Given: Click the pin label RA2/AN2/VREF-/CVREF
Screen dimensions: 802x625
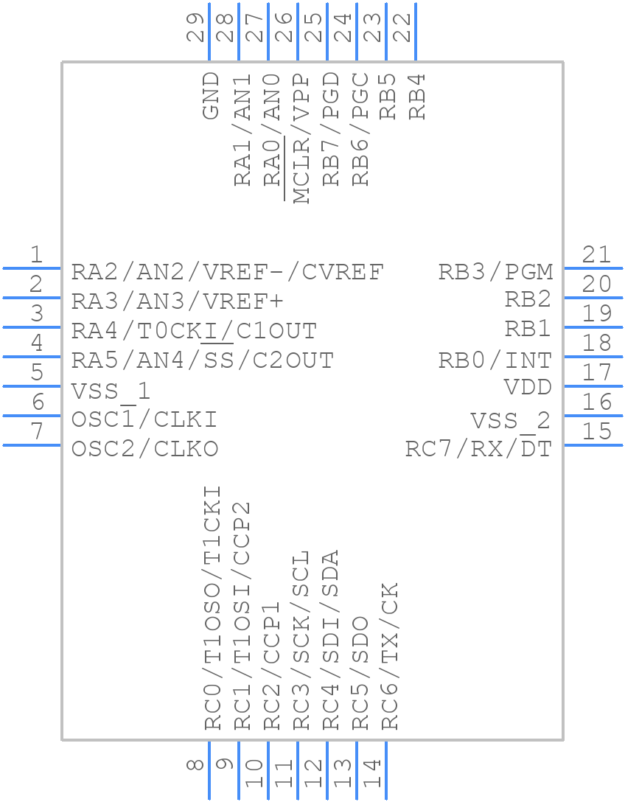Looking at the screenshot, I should tap(227, 272).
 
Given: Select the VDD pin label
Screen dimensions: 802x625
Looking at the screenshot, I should tap(528, 387).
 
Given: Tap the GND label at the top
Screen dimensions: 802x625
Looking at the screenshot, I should tap(211, 95).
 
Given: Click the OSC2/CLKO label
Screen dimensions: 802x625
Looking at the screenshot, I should tap(145, 449).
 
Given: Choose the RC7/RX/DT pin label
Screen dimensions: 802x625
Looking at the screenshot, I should tap(478, 449).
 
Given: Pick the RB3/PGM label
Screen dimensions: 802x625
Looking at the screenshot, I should tap(495, 272).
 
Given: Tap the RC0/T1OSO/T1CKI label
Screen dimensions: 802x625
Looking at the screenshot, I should tap(212, 607).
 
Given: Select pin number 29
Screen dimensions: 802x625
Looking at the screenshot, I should tap(196, 27).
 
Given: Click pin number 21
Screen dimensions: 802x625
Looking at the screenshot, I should tap(596, 255).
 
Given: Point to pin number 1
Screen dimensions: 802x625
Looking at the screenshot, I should tap(36, 255).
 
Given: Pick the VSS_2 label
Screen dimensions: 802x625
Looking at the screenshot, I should tap(510, 421).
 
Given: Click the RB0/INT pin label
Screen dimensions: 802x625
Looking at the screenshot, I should tap(495, 360).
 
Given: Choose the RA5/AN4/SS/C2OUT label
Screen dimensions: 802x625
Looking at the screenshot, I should tap(203, 360).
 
